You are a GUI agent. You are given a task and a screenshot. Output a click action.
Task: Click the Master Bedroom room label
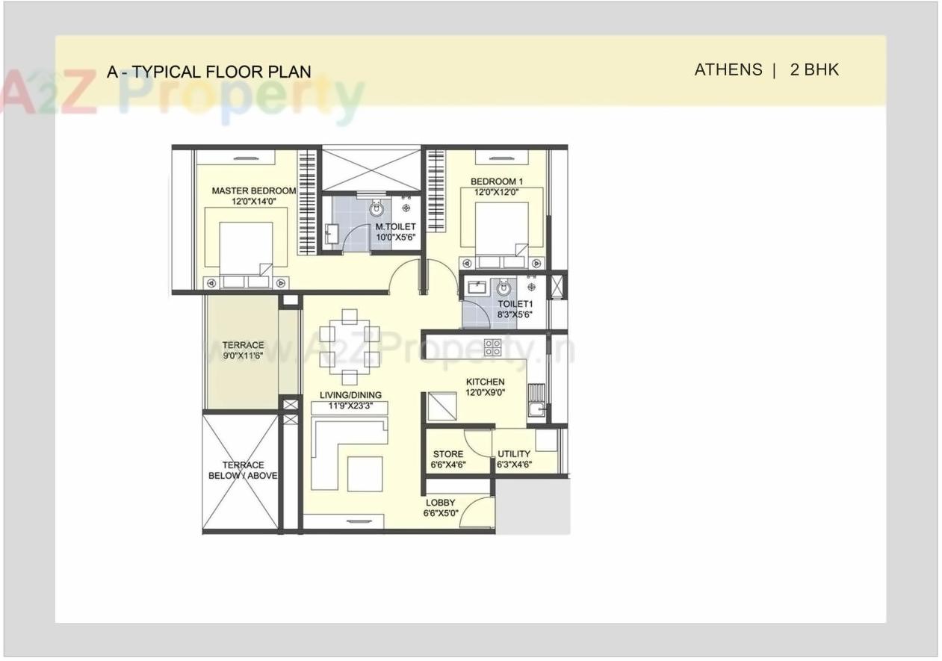click(x=253, y=190)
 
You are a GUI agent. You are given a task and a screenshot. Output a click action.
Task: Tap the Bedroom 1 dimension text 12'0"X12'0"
click(x=496, y=192)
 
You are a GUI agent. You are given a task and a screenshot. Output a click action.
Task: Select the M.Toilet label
click(x=395, y=227)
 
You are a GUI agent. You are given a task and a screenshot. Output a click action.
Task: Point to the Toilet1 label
click(x=515, y=304)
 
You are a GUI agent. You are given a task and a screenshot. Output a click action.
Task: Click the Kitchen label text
click(x=485, y=382)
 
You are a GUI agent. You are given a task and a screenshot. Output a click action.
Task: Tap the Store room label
click(x=447, y=454)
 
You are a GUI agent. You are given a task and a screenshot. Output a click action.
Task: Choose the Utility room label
click(x=514, y=454)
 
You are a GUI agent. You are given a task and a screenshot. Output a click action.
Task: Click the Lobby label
click(x=441, y=503)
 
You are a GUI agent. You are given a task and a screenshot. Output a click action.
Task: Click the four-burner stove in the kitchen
click(x=492, y=347)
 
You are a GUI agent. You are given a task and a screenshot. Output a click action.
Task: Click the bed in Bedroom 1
click(x=499, y=234)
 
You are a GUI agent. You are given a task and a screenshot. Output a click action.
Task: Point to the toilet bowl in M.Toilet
click(x=376, y=209)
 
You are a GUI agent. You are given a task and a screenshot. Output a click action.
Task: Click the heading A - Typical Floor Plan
click(x=208, y=72)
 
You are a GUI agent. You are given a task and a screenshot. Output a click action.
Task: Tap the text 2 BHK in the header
click(x=814, y=70)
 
